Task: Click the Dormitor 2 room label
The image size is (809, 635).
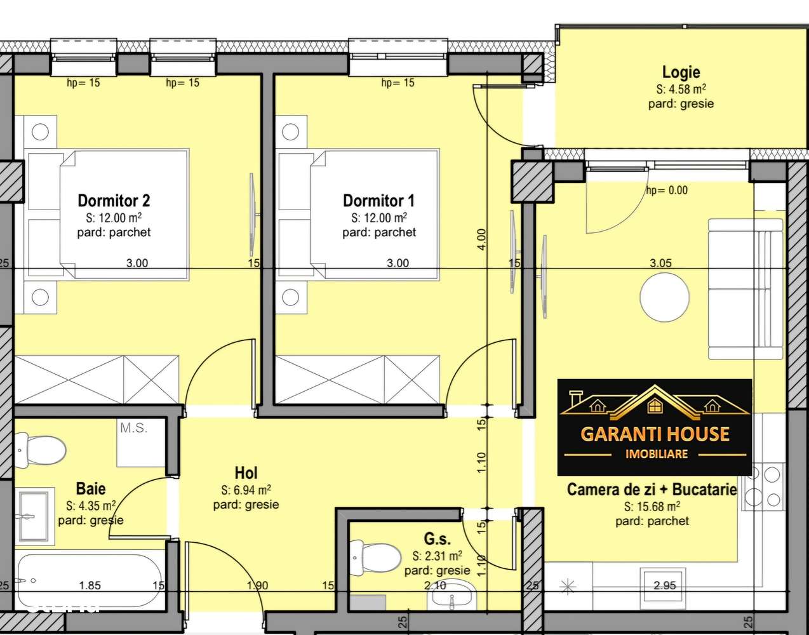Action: [114, 201]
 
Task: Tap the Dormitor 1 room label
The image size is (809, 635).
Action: [378, 201]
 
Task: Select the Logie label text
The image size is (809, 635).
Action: [681, 72]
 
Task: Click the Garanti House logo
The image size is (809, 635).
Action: [654, 427]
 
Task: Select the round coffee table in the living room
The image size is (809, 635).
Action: [664, 297]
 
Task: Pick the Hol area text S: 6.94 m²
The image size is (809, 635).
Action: [246, 490]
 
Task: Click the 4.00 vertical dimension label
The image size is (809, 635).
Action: [481, 239]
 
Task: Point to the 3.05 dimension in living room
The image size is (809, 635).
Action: [660, 263]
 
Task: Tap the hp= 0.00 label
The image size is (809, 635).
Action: [667, 190]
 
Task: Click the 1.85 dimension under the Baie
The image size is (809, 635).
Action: [90, 585]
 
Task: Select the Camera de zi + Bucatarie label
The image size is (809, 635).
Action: [652, 490]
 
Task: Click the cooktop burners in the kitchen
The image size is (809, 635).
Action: [763, 486]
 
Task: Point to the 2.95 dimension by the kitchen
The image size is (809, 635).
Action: [664, 585]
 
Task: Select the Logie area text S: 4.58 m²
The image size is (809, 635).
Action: [681, 90]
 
